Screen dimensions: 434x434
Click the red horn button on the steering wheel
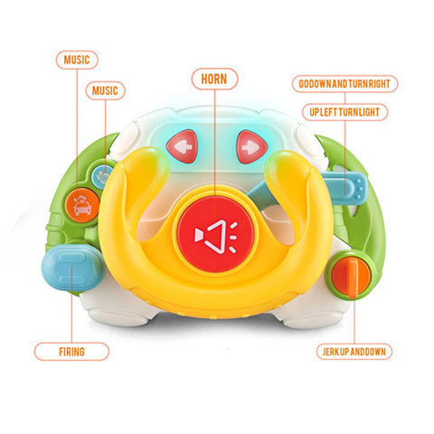click(214, 234)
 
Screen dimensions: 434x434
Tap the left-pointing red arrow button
click(183, 146)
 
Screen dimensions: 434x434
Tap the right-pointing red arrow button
click(252, 147)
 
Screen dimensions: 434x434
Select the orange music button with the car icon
click(82, 205)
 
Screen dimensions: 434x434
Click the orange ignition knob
click(351, 277)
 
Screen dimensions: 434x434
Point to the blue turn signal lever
click(344, 185)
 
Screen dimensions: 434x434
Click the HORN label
click(214, 79)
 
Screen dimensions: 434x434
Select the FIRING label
click(71, 352)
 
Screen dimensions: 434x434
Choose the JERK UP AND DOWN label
click(354, 352)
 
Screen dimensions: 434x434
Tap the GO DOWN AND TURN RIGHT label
click(344, 84)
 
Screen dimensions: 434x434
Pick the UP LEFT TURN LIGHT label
click(344, 112)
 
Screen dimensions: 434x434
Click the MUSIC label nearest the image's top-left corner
click(77, 60)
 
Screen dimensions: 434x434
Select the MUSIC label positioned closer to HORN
click(105, 90)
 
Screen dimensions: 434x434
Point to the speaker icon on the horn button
click(216, 237)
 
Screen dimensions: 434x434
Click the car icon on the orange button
click(82, 206)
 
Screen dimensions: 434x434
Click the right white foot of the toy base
click(315, 318)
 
